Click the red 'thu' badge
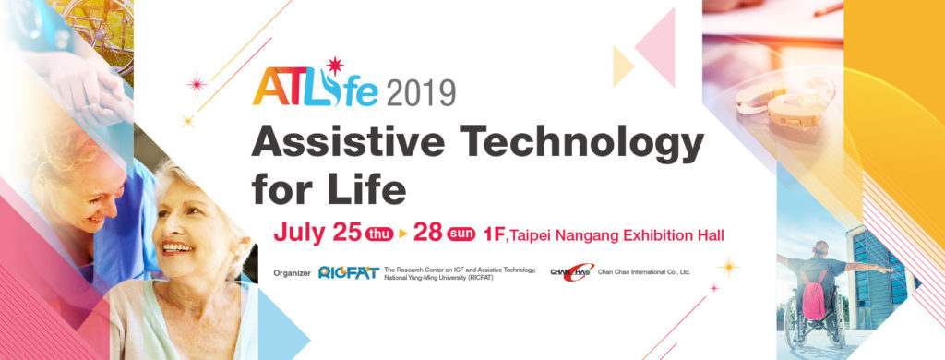(379, 234)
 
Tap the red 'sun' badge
(461, 234)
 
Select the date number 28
(428, 233)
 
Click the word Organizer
(292, 273)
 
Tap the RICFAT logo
(348, 273)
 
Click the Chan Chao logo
(572, 272)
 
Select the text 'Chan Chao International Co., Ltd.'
(643, 272)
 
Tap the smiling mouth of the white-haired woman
(177, 247)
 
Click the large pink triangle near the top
(655, 47)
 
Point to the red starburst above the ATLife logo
(334, 66)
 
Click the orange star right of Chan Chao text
(729, 267)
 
